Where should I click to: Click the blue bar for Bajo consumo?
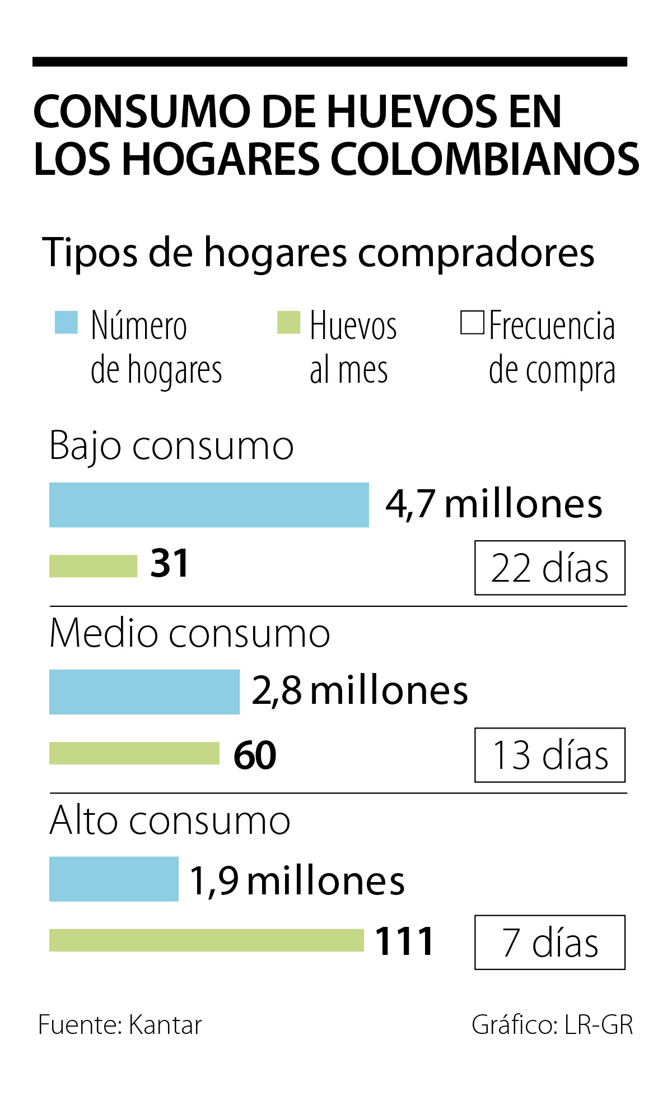click(x=209, y=505)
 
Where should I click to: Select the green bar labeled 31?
click(x=93, y=566)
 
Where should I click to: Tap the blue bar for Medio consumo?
click(x=144, y=692)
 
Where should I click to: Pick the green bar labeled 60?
click(x=134, y=753)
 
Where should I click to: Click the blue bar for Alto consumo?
click(x=114, y=879)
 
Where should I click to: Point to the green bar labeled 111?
click(x=207, y=940)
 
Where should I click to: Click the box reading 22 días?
click(x=549, y=568)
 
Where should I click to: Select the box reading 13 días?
click(x=549, y=755)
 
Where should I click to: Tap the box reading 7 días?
click(x=549, y=943)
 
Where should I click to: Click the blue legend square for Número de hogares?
click(x=66, y=322)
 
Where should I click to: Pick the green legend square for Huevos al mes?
click(x=288, y=322)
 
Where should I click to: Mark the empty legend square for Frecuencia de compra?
click(x=472, y=323)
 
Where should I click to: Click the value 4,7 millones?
click(x=494, y=504)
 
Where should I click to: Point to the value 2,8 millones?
click(x=360, y=690)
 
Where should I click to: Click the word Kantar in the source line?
click(x=165, y=1025)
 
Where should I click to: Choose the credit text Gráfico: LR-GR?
click(x=552, y=1025)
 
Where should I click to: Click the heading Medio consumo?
click(x=189, y=633)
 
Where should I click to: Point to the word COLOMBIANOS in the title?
click(x=485, y=159)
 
